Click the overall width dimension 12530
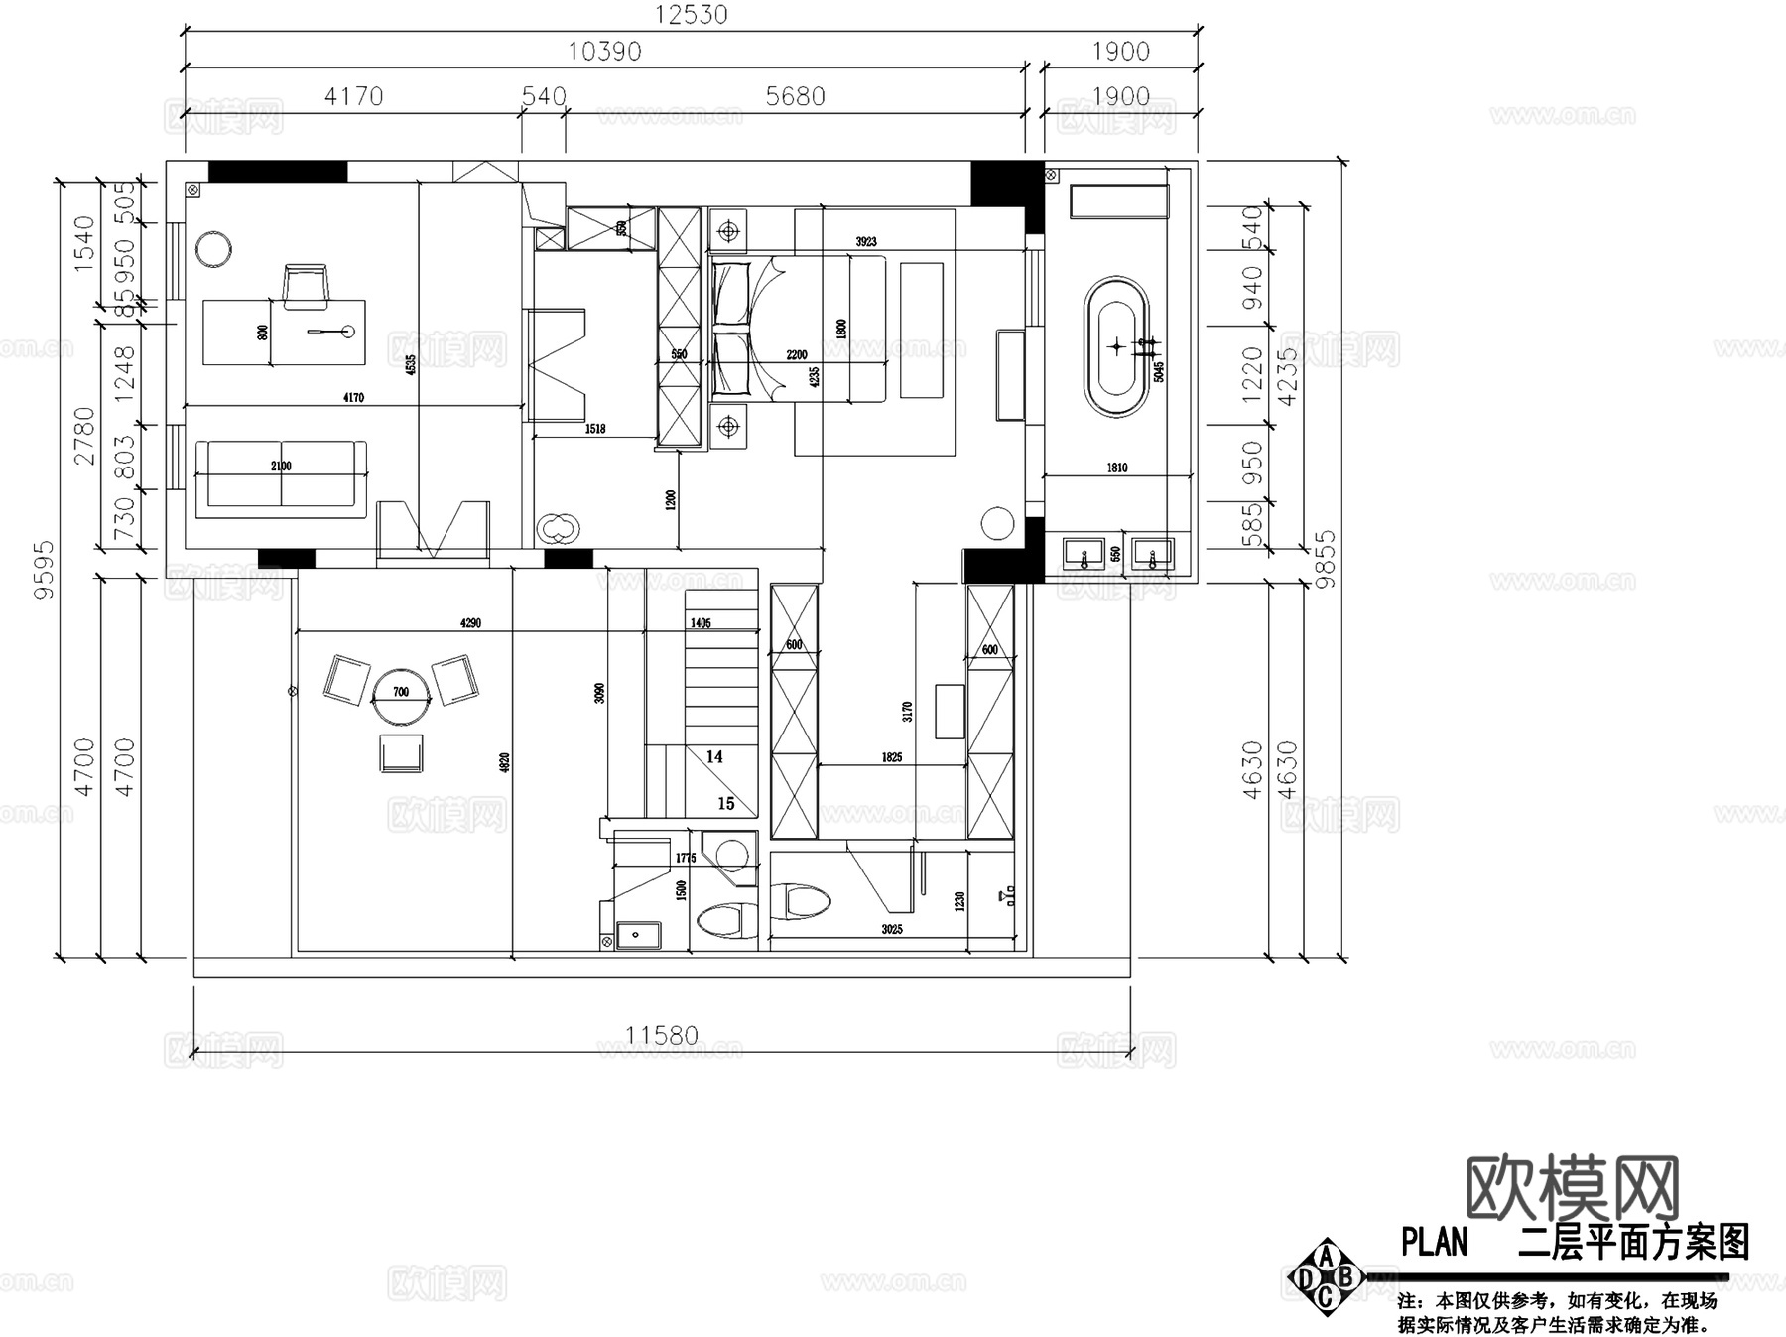(692, 15)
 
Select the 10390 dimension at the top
(604, 52)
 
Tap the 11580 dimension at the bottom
(661, 1036)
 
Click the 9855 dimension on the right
(1325, 559)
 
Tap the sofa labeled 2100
(281, 479)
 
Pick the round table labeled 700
(401, 692)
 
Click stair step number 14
(714, 757)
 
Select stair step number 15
(726, 803)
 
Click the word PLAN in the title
(1434, 1242)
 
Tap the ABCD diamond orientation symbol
(1326, 1277)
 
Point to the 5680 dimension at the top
(795, 96)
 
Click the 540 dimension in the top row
(544, 96)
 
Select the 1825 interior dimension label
(891, 757)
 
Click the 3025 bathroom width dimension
(891, 930)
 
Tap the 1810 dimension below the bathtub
(1117, 468)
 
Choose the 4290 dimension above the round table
(470, 623)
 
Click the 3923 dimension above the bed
(866, 242)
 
